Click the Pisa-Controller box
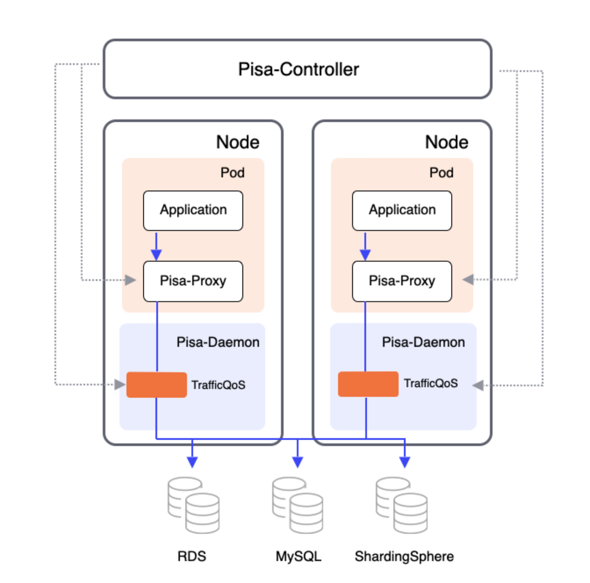coord(298,69)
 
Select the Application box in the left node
coord(193,211)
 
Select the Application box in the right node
coord(402,211)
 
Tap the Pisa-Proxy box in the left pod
coord(193,281)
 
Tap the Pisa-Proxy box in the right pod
coord(402,281)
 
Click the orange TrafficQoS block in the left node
coord(156,385)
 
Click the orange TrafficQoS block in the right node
coord(368,384)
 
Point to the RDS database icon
coord(194,505)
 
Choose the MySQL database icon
coord(298,505)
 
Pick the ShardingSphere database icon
coord(401,505)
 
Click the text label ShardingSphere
coord(404,556)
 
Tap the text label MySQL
coord(298,556)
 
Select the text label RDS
coord(192,556)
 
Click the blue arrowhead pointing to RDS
coord(192,462)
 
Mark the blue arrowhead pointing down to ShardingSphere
coord(405,462)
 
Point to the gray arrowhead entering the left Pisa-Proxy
coord(130,280)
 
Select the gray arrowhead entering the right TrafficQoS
coord(478,385)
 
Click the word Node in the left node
coord(237,142)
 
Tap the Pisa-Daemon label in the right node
coord(423,342)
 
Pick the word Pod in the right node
coord(441,173)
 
